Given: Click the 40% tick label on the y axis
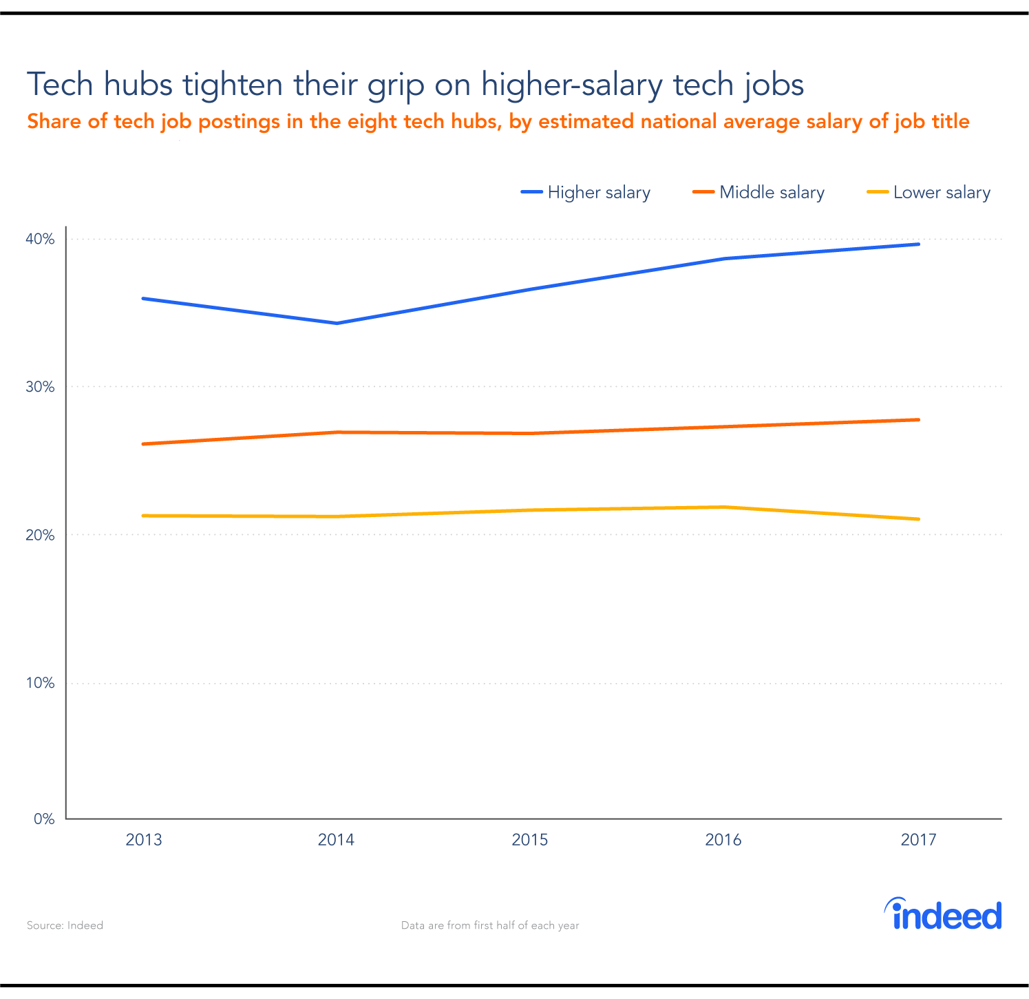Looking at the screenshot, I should coord(40,240).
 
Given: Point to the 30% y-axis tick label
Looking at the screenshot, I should coord(40,387).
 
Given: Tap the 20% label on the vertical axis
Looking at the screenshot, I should coord(40,536).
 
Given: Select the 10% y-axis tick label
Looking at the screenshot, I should coord(40,684).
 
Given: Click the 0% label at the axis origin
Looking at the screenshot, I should coord(43,819).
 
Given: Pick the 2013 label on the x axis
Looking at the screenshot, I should coord(143,840).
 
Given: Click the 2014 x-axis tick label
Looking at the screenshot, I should coord(336,840).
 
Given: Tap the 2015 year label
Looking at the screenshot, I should coord(530,840).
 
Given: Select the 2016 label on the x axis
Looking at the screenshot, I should coord(723,840).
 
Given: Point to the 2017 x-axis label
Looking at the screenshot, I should coord(918,840).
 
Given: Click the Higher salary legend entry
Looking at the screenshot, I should coord(586,193).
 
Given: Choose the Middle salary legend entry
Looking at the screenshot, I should coord(759,193).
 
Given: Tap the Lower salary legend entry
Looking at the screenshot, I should coord(929,193).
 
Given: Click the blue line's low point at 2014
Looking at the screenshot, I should coord(337,323).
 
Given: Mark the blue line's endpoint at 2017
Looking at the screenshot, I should coord(918,244).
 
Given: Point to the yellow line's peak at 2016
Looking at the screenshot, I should coord(723,507).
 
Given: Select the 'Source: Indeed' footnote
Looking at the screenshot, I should coord(65,925).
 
